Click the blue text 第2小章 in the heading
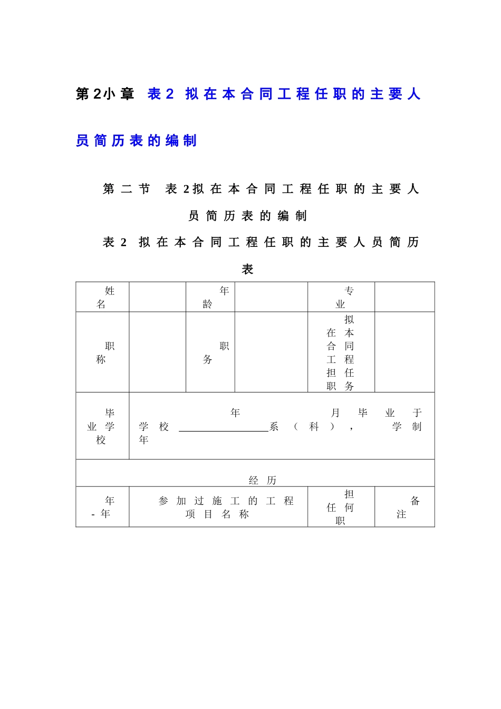pyautogui.click(x=105, y=94)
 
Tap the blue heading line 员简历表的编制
pyautogui.click(x=136, y=141)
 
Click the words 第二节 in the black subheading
pyautogui.click(x=127, y=189)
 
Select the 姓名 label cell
pyautogui.click(x=103, y=297)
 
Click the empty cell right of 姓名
pyautogui.click(x=157, y=297)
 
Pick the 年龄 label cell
pyautogui.click(x=210, y=297)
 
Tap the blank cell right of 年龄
pyautogui.click(x=271, y=297)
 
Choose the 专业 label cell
pyautogui.click(x=341, y=297)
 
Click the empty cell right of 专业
pyautogui.click(x=404, y=297)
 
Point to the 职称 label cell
pyautogui.click(x=103, y=352)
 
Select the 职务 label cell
pyautogui.click(x=210, y=352)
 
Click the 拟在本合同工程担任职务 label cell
pyautogui.click(x=341, y=352)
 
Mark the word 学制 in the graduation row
pyautogui.click(x=407, y=427)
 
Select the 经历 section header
pyautogui.click(x=262, y=480)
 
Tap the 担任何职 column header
pyautogui.click(x=341, y=507)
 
